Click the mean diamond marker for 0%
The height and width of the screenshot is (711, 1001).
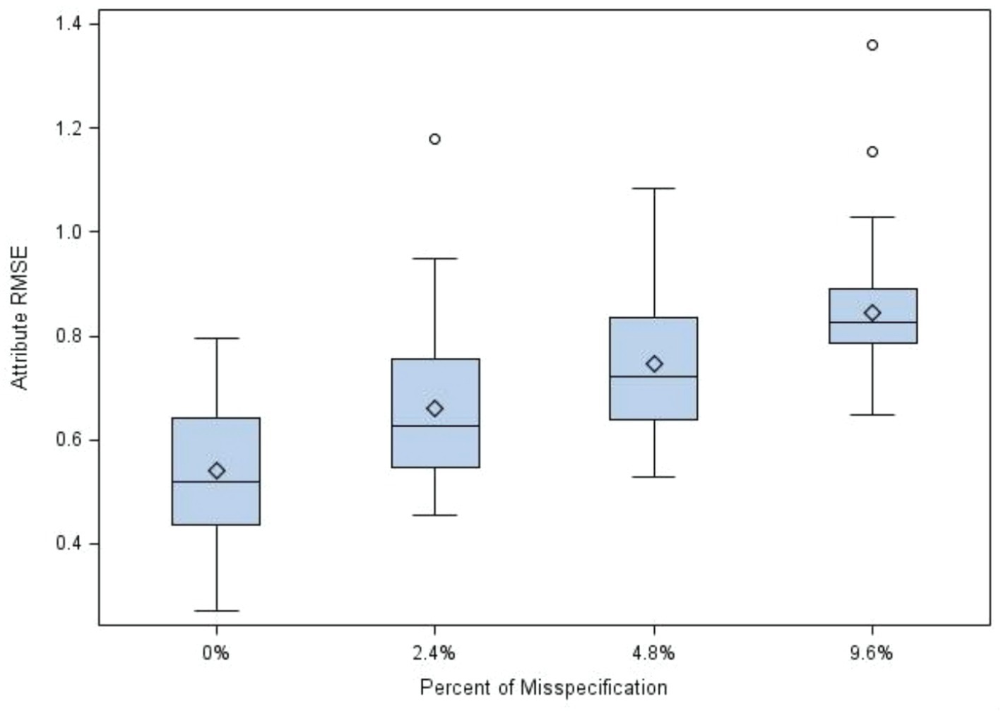pos(217,470)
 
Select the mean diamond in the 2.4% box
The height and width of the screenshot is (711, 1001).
pos(435,408)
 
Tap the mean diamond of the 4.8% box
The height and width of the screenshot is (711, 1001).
pos(654,364)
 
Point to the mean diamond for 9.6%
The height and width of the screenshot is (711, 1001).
pos(872,313)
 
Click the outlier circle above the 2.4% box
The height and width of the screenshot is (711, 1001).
pos(435,139)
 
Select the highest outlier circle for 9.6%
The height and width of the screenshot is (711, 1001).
pos(872,45)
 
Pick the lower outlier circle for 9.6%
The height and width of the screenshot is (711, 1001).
pos(872,152)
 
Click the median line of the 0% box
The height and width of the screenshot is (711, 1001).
pos(217,482)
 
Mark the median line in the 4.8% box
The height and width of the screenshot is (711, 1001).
pos(654,376)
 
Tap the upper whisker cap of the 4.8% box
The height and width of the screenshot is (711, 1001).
pos(654,189)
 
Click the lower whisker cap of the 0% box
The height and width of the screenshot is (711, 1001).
pos(217,611)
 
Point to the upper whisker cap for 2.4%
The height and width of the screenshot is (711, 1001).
pos(435,258)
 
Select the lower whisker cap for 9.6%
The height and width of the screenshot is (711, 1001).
pos(872,414)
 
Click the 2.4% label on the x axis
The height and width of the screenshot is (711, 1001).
pos(434,653)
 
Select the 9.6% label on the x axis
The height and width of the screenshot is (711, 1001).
pos(872,653)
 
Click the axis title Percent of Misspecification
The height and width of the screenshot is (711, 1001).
pos(543,687)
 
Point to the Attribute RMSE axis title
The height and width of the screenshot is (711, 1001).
pos(20,318)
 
